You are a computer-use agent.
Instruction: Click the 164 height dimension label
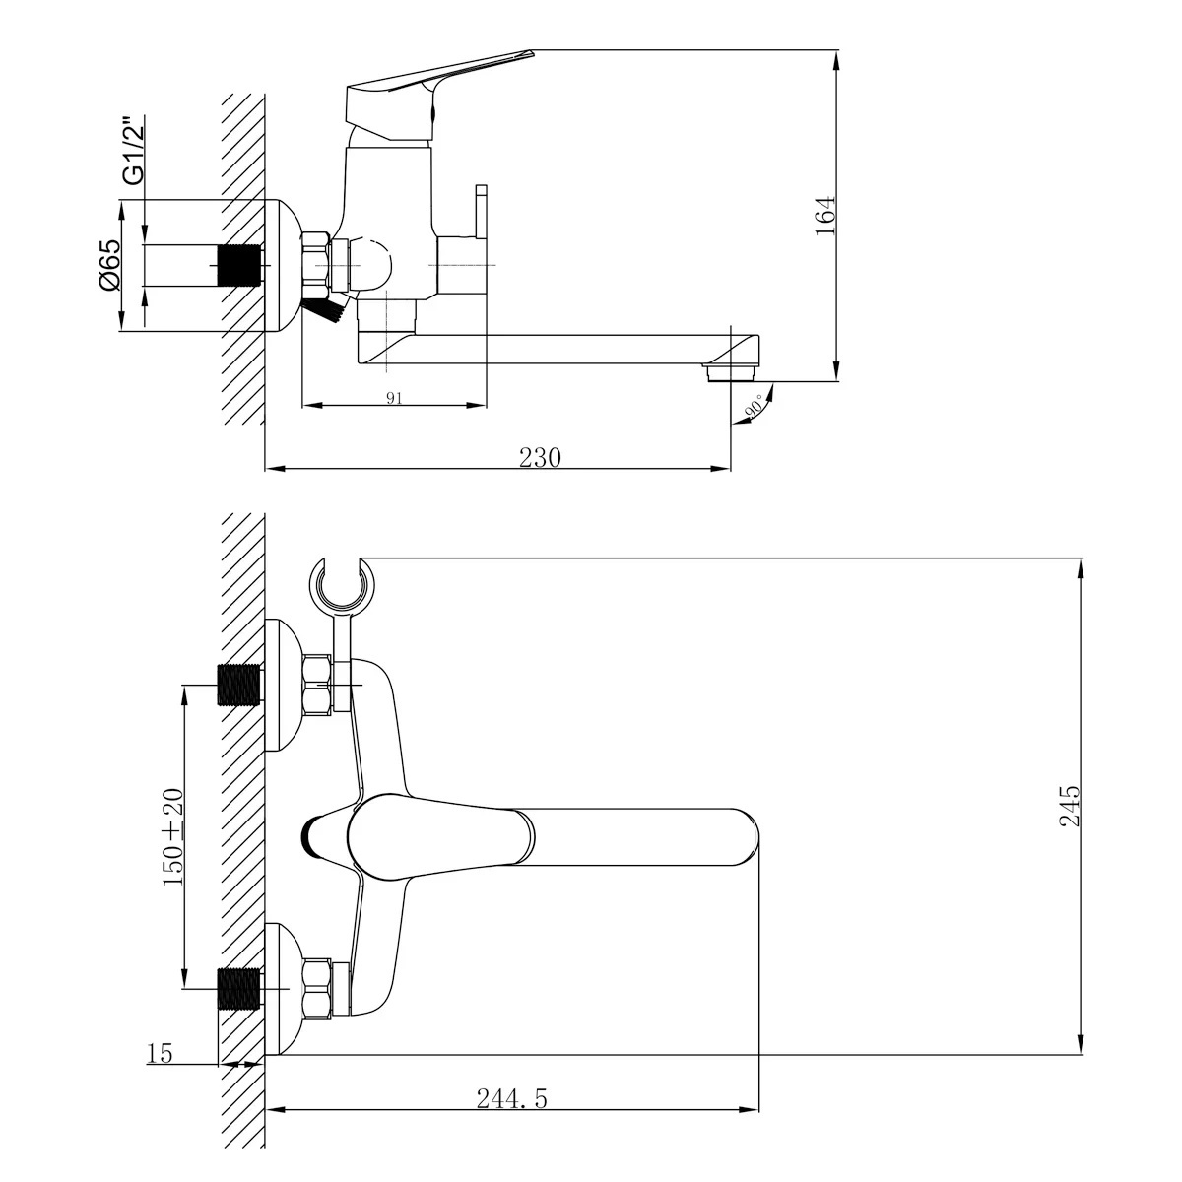pyautogui.click(x=826, y=216)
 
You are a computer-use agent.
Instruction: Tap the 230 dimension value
pyautogui.click(x=540, y=458)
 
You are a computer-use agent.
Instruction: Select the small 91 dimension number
pyautogui.click(x=394, y=398)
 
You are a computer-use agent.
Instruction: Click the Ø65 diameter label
pyautogui.click(x=109, y=265)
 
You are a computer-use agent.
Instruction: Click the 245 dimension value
pyautogui.click(x=1070, y=806)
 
